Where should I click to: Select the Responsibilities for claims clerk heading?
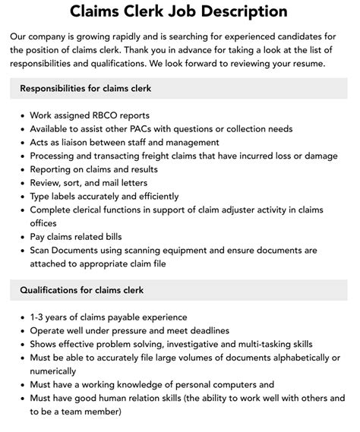click(86, 89)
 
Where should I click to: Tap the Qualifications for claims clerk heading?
click(81, 290)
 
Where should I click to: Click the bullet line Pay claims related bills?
click(75, 237)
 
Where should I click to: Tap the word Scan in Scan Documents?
click(42, 251)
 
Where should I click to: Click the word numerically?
click(53, 371)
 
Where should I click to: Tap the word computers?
click(228, 385)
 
